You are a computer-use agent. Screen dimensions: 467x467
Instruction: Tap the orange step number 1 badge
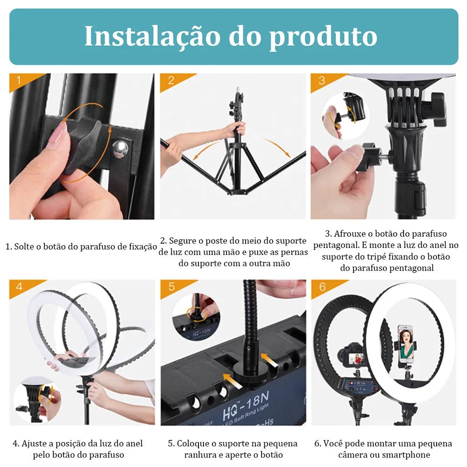(19, 80)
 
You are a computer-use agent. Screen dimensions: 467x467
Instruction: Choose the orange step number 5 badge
(171, 286)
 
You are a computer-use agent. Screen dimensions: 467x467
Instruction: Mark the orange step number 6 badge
(322, 286)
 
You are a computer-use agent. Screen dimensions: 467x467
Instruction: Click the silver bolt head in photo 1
(120, 149)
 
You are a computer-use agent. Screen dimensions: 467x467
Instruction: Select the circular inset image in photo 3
(346, 116)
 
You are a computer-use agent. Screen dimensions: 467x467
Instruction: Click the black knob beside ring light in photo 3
(438, 109)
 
